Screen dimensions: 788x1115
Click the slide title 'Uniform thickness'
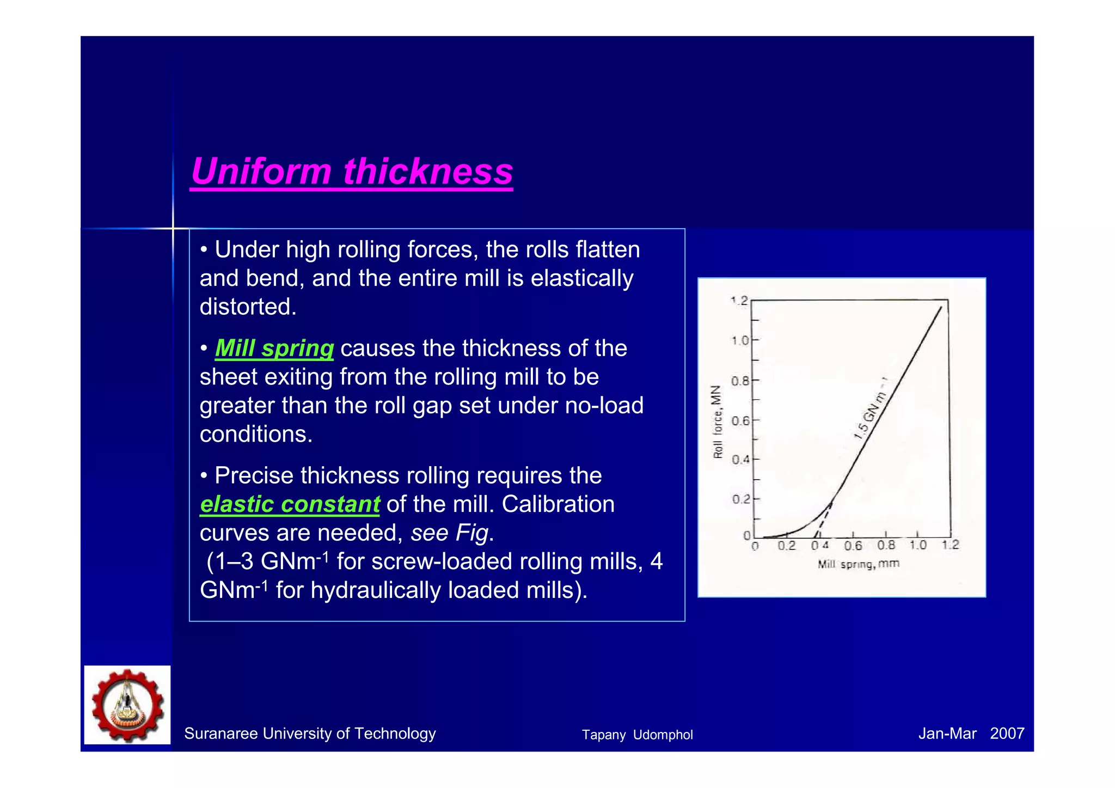click(352, 172)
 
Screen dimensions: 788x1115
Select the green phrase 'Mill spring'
click(274, 349)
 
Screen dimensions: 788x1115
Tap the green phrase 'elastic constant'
click(290, 504)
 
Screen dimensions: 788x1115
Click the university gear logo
click(127, 705)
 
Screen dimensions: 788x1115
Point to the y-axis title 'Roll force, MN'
click(718, 422)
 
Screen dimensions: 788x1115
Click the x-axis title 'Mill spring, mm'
click(858, 564)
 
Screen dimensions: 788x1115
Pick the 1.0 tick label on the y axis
click(740, 341)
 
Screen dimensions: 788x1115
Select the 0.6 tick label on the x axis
click(853, 546)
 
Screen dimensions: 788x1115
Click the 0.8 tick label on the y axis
click(740, 381)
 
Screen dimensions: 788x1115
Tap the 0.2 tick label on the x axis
click(786, 546)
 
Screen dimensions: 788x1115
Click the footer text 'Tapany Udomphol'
click(637, 735)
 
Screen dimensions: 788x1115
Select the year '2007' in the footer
click(1007, 734)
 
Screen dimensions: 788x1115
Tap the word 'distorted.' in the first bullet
click(248, 307)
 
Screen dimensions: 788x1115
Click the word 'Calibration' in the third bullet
click(558, 504)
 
